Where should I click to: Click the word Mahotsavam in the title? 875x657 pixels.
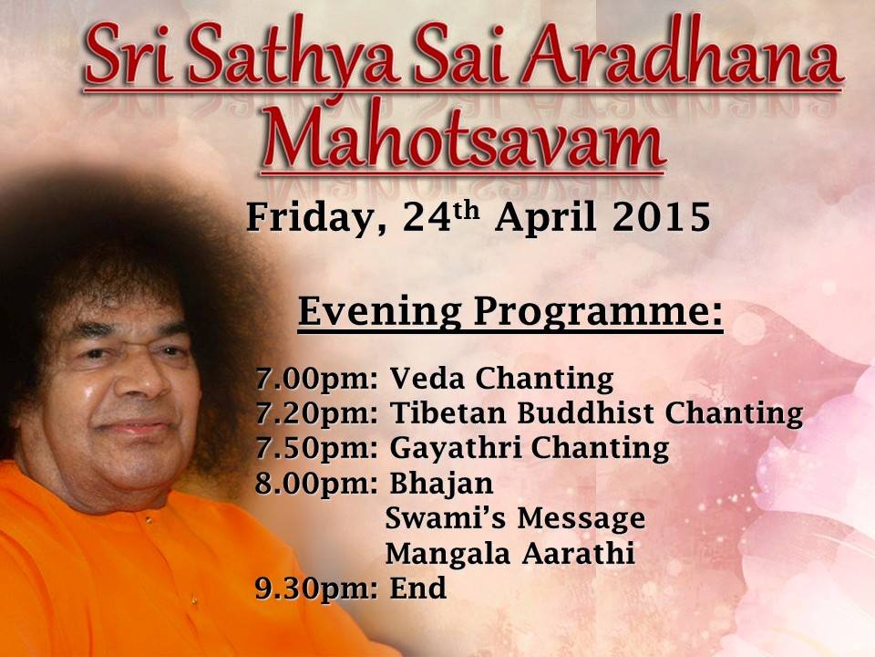463,136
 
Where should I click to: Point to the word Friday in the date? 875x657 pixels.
309,218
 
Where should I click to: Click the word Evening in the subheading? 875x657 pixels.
380,312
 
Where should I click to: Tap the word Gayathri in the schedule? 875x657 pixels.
455,449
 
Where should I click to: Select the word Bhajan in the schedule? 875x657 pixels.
441,484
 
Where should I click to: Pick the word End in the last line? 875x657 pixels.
418,588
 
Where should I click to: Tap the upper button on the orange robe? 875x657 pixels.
149,519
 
